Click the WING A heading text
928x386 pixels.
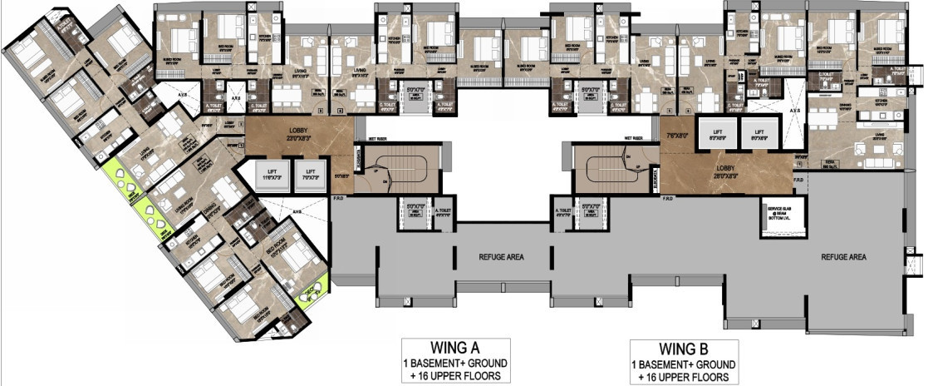[454, 348]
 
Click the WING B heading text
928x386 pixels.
[682, 348]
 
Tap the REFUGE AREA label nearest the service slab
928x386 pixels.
[843, 258]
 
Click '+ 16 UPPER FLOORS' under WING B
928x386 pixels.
[682, 377]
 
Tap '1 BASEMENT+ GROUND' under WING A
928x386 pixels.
[454, 364]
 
